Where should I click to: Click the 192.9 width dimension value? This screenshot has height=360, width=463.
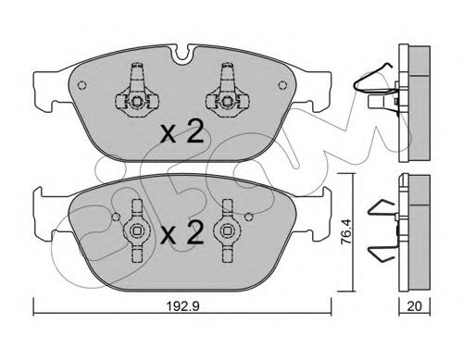click(183, 306)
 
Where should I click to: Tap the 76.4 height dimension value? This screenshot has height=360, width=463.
click(346, 232)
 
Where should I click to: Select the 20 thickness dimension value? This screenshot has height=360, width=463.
click(415, 306)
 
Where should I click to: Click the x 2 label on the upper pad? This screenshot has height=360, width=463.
click(182, 131)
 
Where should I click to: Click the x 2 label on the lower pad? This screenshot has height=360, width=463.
click(182, 232)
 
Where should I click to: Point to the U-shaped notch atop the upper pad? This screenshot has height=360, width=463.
click(182, 55)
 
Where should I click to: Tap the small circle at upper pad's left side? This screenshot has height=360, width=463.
click(81, 85)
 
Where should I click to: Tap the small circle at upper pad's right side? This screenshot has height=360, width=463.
click(282, 85)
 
